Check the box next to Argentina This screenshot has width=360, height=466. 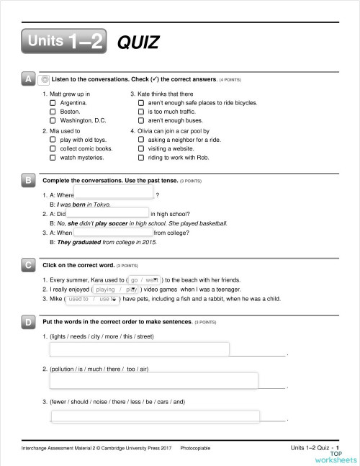[x=53, y=104]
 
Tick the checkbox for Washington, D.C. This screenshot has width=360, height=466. [x=53, y=121]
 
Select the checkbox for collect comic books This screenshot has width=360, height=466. [x=53, y=148]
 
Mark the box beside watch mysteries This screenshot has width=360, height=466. [x=53, y=157]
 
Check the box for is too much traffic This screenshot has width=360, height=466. [x=140, y=112]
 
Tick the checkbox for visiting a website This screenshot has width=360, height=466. [x=140, y=148]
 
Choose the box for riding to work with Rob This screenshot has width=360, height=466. [x=140, y=157]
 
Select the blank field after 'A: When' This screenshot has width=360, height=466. [x=113, y=233]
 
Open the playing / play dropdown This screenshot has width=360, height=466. [x=116, y=289]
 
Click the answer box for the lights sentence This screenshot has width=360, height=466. [x=140, y=349]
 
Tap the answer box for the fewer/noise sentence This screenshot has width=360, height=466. [x=155, y=416]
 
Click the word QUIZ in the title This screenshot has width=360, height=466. [x=138, y=43]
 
